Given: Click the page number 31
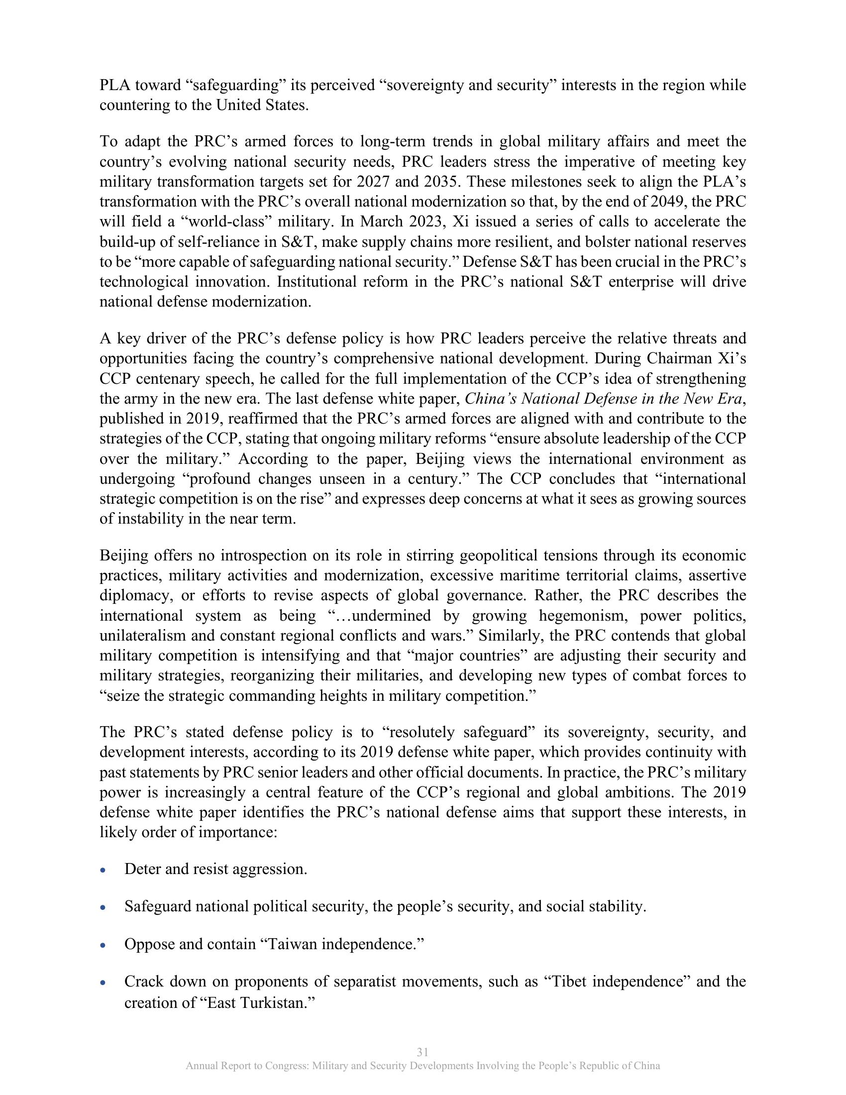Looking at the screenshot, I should (423, 1052).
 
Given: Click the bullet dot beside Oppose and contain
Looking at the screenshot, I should (103, 946).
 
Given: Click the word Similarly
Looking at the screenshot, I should (511, 636).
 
